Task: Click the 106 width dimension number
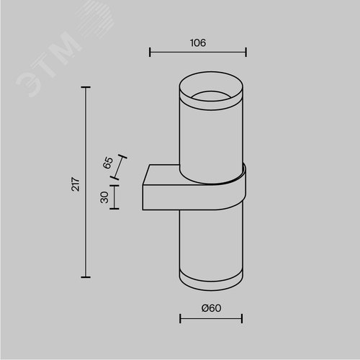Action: point(198,43)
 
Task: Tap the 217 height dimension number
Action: point(76,184)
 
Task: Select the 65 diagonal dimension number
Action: point(108,163)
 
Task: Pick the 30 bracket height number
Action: point(104,197)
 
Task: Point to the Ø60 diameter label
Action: point(211,308)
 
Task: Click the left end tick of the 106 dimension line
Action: point(150,52)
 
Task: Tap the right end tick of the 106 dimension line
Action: point(246,52)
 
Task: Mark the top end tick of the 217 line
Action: point(86,87)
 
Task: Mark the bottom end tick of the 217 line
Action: point(86,277)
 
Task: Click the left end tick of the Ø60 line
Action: point(180,318)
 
